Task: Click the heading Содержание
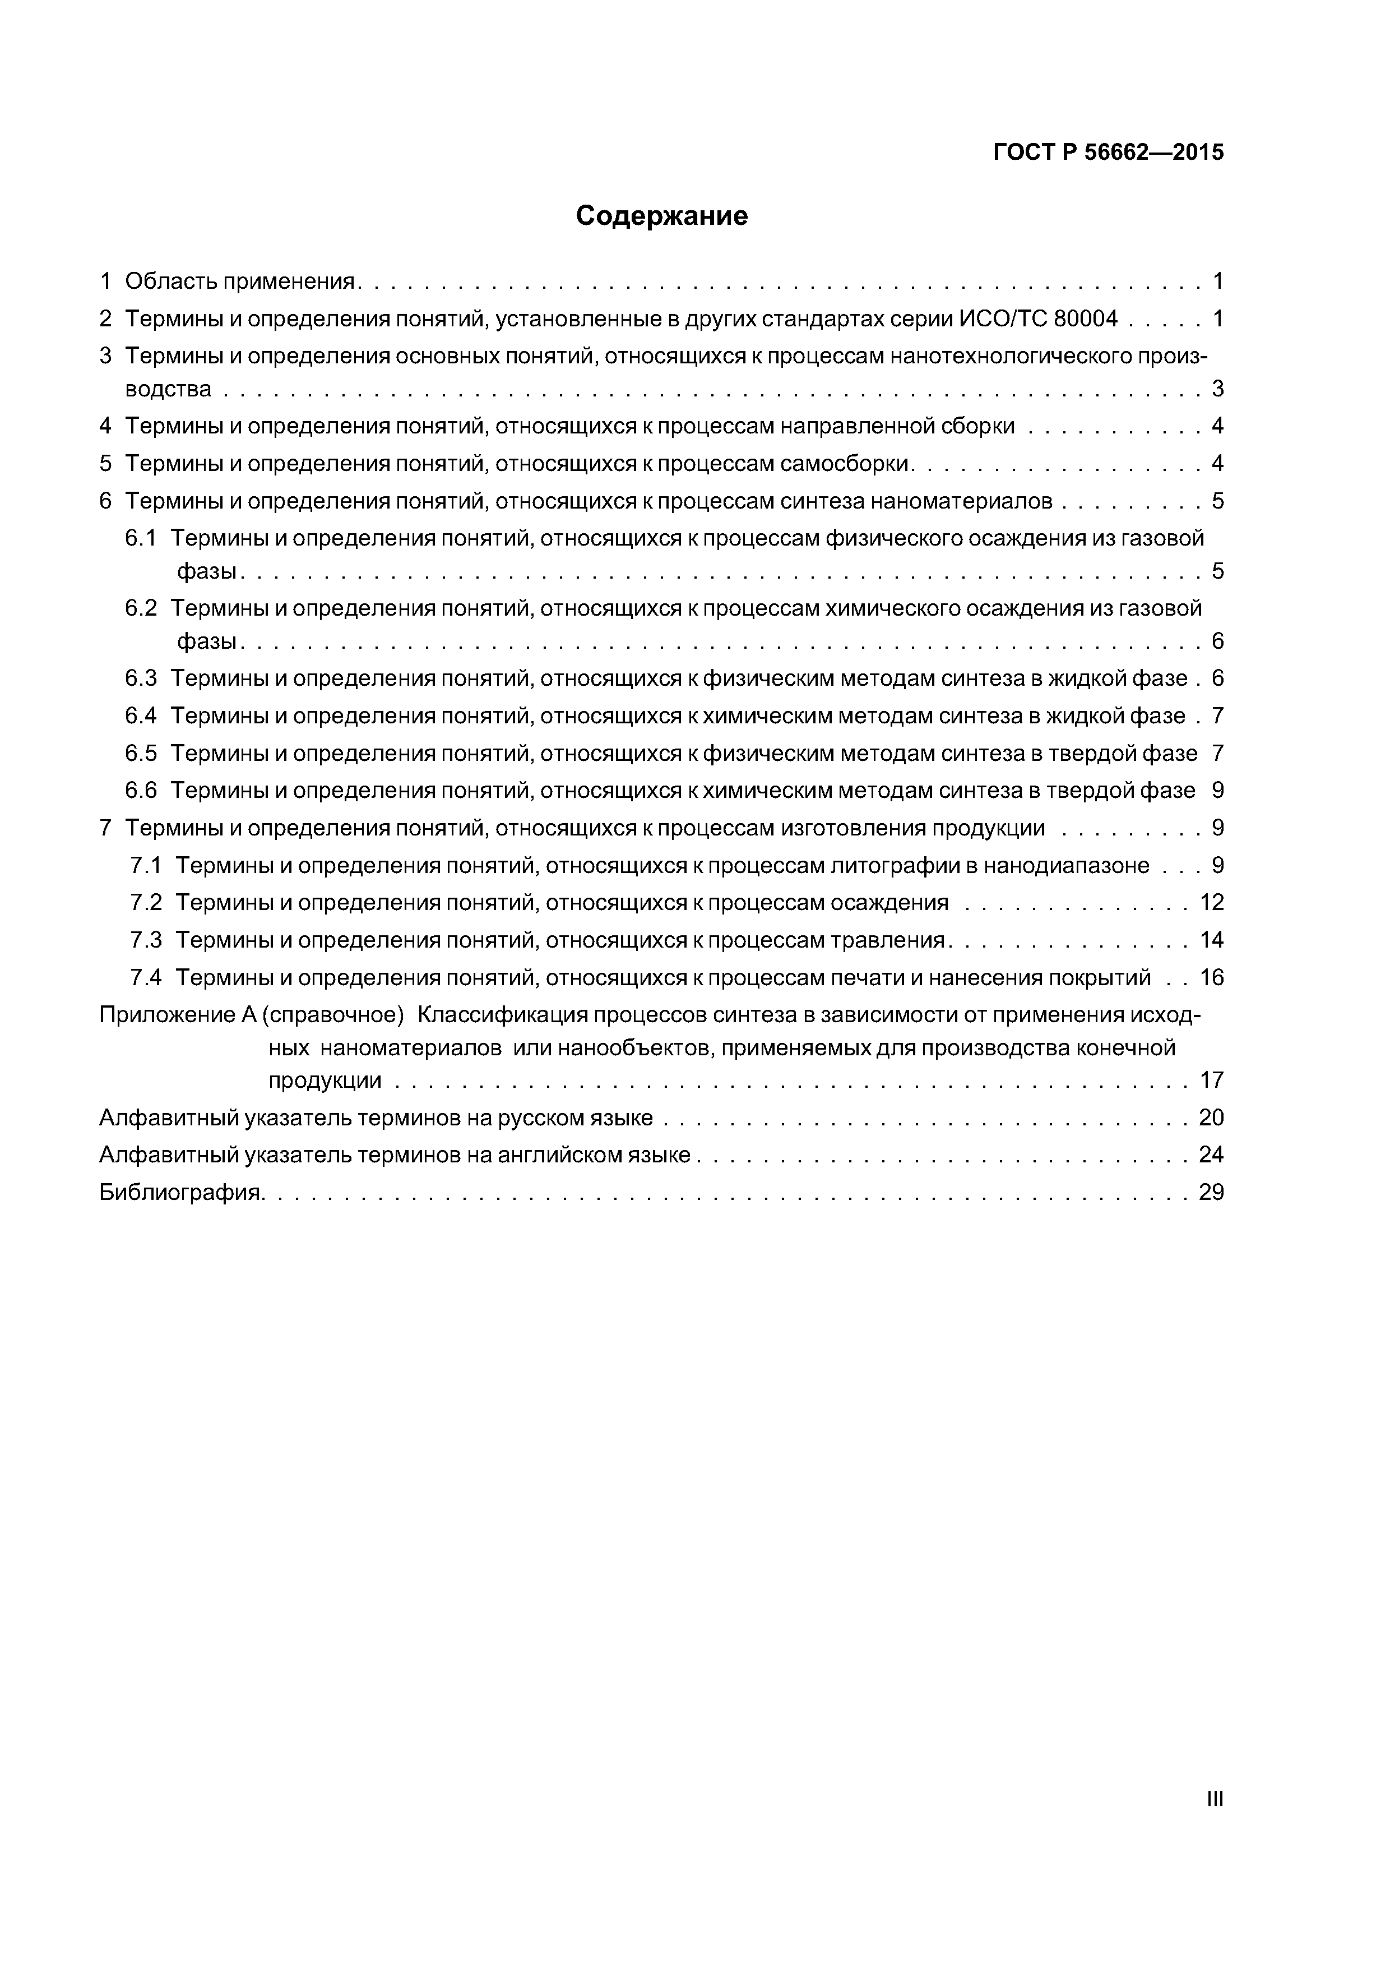pyautogui.click(x=661, y=216)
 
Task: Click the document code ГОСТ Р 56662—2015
pyautogui.click(x=1108, y=153)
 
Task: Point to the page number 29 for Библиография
pyautogui.click(x=1211, y=1193)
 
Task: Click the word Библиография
pyautogui.click(x=180, y=1193)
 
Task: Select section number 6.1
pyautogui.click(x=141, y=538)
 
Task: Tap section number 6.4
pyautogui.click(x=141, y=715)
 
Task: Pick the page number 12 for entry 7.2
pyautogui.click(x=1211, y=902)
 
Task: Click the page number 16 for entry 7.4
pyautogui.click(x=1211, y=977)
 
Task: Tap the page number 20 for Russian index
pyautogui.click(x=1211, y=1118)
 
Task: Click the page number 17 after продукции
pyautogui.click(x=1211, y=1081)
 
